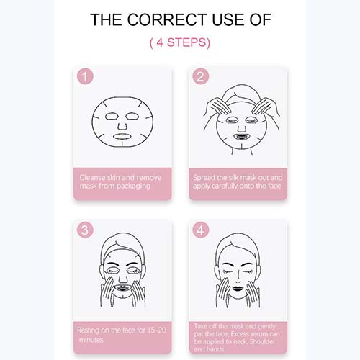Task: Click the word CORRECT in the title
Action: pos(167,19)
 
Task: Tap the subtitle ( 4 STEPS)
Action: pos(180,42)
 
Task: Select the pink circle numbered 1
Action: pos(85,76)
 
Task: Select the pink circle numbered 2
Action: pos(201,76)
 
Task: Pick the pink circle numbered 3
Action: pos(85,230)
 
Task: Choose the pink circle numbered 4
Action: pos(201,230)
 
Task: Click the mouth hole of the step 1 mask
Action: pos(122,137)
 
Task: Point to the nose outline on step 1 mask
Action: pos(122,125)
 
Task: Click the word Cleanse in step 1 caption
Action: pos(92,178)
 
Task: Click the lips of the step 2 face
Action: pos(241,137)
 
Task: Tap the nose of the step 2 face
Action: pos(242,128)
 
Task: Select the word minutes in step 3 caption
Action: pos(91,340)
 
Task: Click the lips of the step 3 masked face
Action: pos(122,288)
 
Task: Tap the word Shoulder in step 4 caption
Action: pos(262,342)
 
